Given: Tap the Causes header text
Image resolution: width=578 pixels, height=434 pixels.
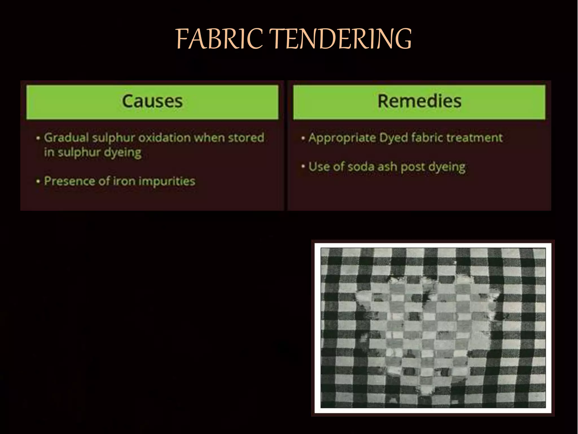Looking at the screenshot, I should (x=152, y=101).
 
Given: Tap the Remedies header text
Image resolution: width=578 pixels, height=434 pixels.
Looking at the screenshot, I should (x=419, y=101).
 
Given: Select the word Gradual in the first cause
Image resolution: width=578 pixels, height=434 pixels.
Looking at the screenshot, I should (x=66, y=138).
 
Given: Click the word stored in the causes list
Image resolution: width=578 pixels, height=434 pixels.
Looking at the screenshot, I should (x=246, y=138).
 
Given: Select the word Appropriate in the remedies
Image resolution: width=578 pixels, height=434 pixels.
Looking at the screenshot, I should (x=342, y=138).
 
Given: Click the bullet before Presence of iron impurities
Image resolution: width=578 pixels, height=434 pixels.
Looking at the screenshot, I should (x=38, y=181).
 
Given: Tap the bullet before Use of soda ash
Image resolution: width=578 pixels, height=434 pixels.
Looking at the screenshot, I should (x=303, y=167).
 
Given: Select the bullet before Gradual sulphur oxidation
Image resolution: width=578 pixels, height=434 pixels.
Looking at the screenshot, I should (x=38, y=138).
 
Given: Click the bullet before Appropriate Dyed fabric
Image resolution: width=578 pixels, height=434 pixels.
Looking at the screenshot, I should (x=303, y=138).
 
